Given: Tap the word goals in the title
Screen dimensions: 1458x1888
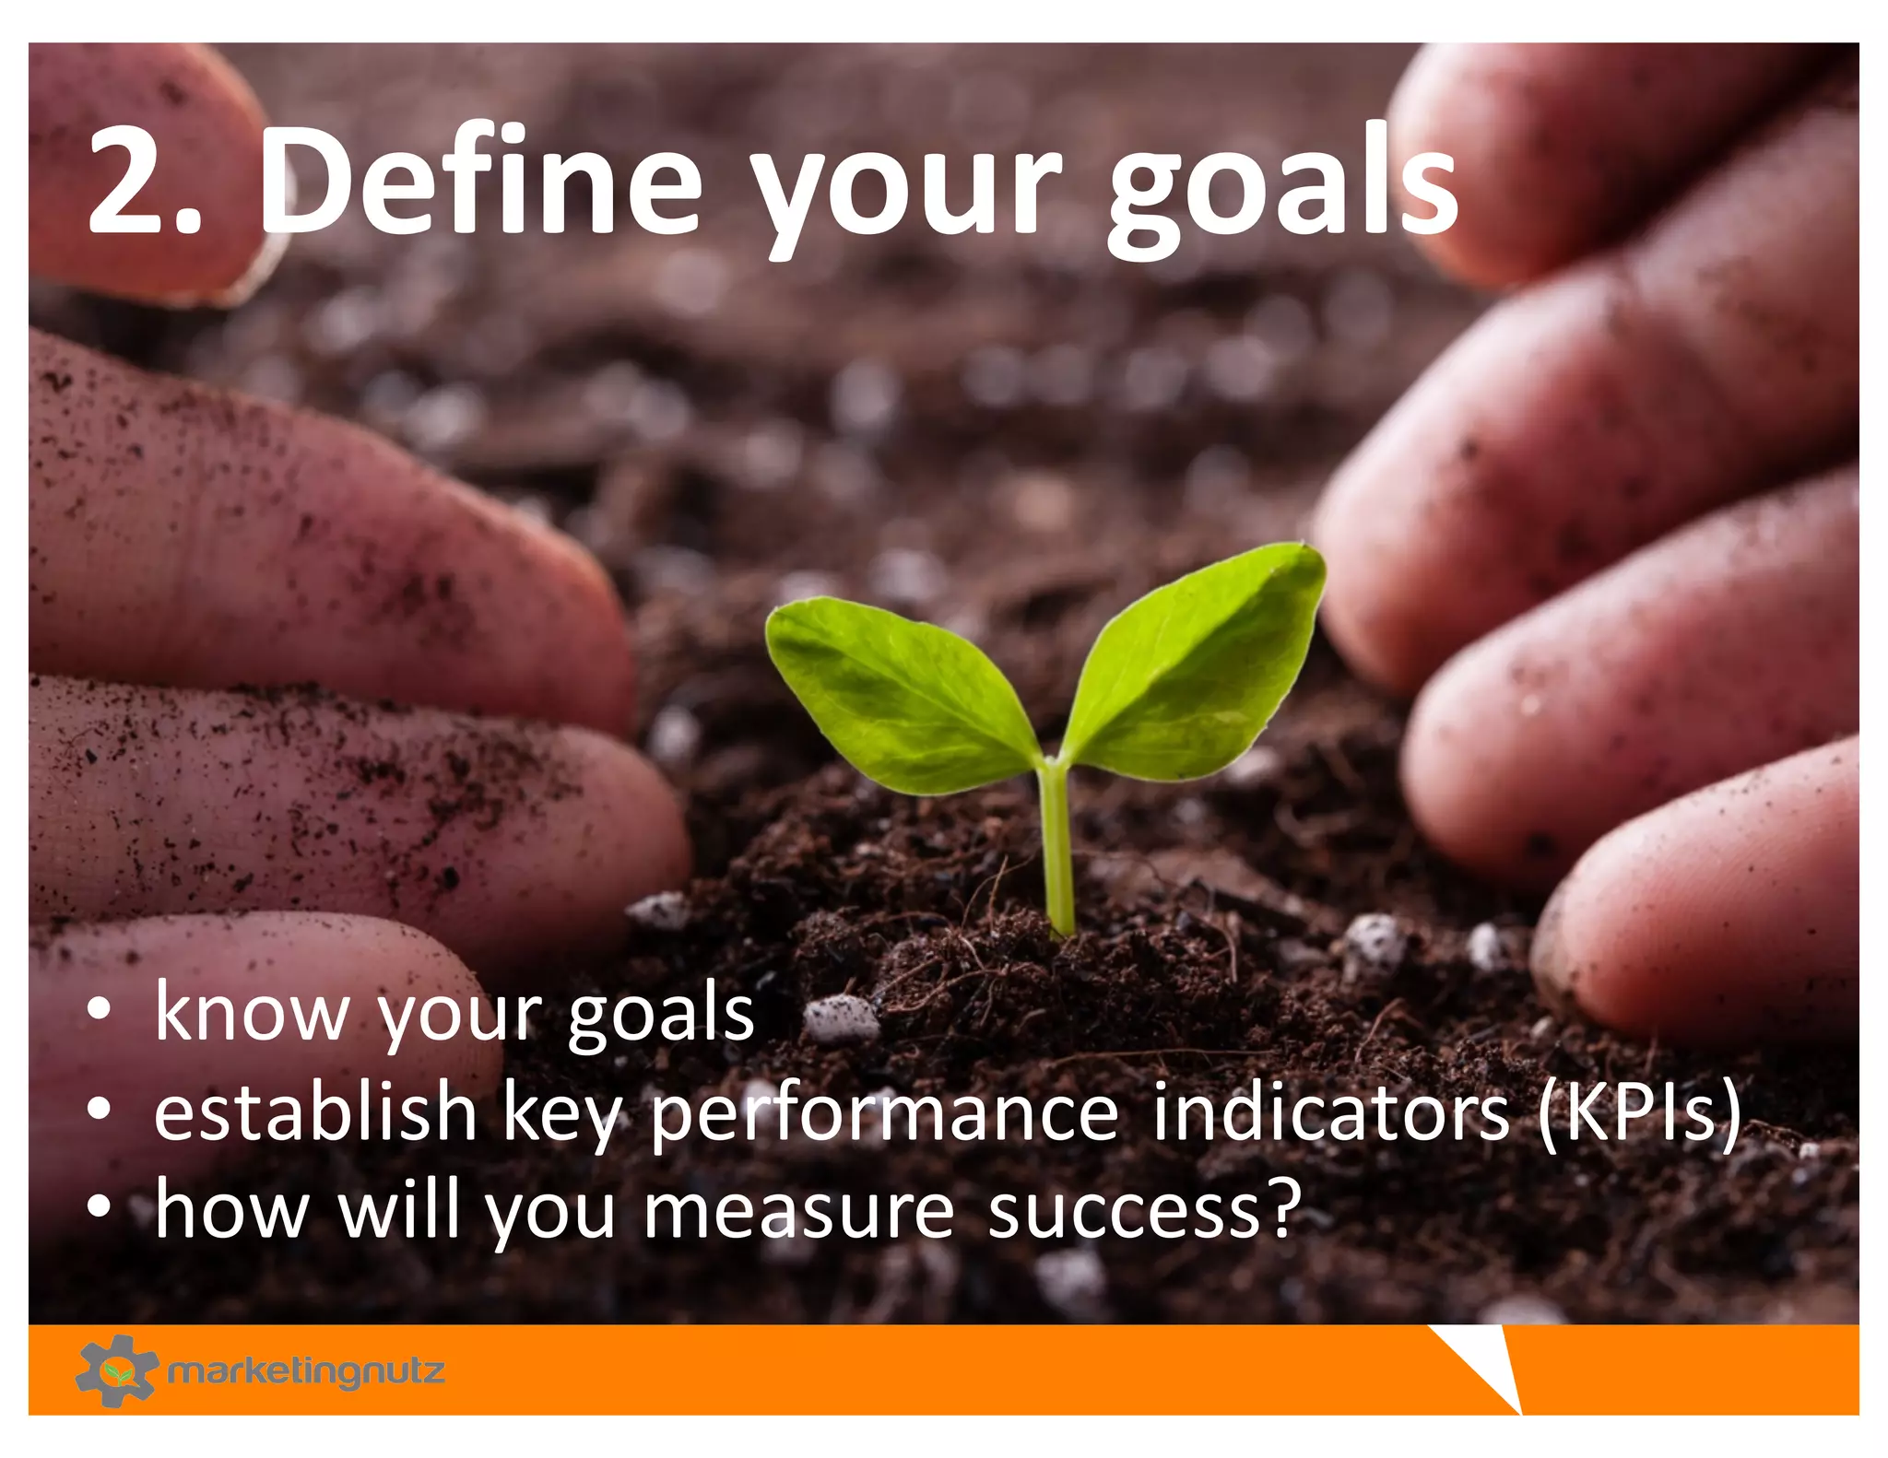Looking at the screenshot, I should (x=1281, y=189).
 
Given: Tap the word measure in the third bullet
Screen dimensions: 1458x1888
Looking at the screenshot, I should (x=798, y=1211).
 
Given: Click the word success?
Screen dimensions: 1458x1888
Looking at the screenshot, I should (x=1144, y=1211).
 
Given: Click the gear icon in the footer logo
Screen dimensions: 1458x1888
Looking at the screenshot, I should (x=115, y=1370).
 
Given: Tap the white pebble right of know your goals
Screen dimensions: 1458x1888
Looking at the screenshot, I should (x=840, y=1019).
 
